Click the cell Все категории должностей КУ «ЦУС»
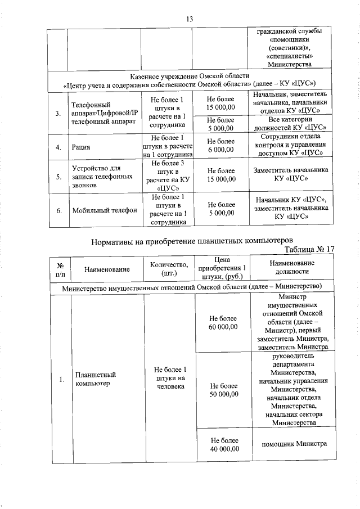(290, 124)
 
